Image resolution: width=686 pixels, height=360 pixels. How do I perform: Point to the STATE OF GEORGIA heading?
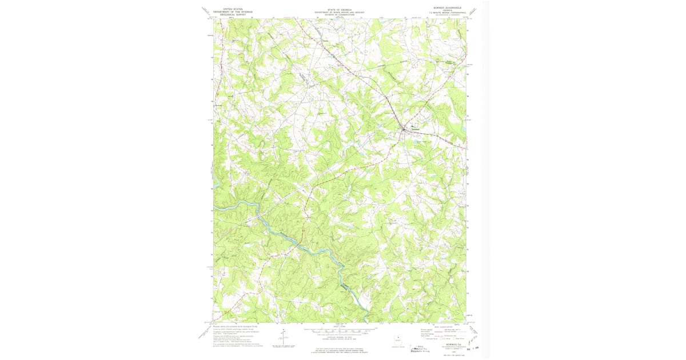[x=339, y=9]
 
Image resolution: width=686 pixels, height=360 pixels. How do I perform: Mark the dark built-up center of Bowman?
[x=406, y=128]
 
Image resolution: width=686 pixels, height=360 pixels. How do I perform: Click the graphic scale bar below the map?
[x=339, y=330]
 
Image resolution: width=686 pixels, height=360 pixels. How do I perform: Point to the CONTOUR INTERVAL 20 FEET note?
[x=339, y=337]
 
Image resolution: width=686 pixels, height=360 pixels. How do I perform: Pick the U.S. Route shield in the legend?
[x=440, y=339]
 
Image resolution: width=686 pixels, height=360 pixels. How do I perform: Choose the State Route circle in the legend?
[x=455, y=339]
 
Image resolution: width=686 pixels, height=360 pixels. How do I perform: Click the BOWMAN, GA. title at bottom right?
[x=448, y=345]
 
